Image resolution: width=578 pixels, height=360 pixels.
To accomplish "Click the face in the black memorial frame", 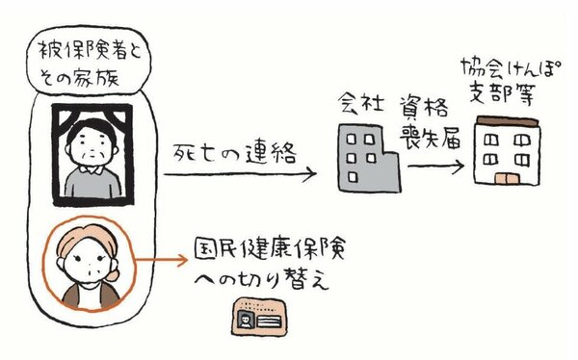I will tap(92, 145).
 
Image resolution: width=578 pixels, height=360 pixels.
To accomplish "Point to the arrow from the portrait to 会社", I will tap(241, 176).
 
